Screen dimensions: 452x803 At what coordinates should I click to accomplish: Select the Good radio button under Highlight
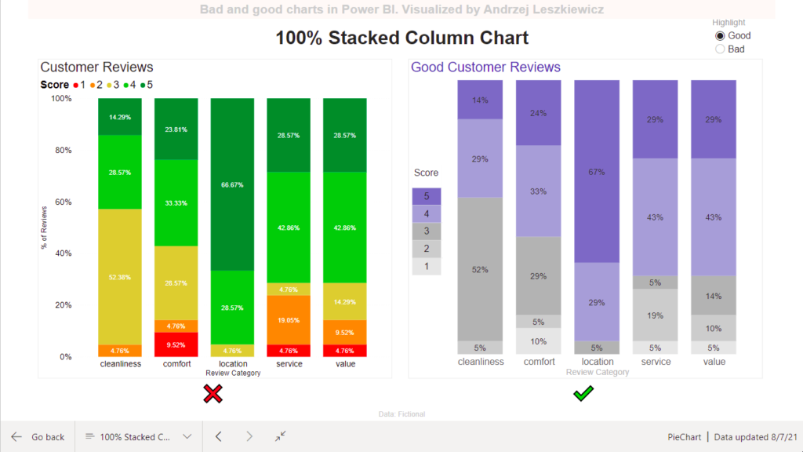pyautogui.click(x=720, y=35)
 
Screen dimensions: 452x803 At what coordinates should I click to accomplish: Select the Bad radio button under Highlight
pyautogui.click(x=720, y=49)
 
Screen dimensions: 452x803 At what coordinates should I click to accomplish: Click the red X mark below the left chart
pyautogui.click(x=213, y=394)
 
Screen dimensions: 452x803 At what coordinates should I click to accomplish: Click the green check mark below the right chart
pyautogui.click(x=583, y=393)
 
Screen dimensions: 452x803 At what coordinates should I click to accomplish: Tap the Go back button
pyautogui.click(x=38, y=436)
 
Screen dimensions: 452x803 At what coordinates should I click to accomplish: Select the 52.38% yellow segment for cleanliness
pyautogui.click(x=120, y=276)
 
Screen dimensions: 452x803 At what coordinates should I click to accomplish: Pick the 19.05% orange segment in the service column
pyautogui.click(x=289, y=319)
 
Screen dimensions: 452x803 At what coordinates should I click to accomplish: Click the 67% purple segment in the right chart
pyautogui.click(x=598, y=171)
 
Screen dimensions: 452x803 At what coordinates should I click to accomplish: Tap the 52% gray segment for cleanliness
pyautogui.click(x=480, y=269)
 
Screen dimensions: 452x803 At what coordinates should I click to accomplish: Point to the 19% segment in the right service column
pyautogui.click(x=656, y=315)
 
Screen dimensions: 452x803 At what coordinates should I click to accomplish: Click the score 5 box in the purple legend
pyautogui.click(x=427, y=196)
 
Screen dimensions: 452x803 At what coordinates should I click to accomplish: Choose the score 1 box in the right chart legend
pyautogui.click(x=427, y=267)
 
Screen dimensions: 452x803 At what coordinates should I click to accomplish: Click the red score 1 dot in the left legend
pyautogui.click(x=75, y=85)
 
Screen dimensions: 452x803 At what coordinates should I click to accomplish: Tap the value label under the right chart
pyautogui.click(x=714, y=362)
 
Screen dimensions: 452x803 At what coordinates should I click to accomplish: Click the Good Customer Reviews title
pyautogui.click(x=485, y=67)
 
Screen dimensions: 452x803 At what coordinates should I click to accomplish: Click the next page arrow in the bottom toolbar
pyautogui.click(x=249, y=436)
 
